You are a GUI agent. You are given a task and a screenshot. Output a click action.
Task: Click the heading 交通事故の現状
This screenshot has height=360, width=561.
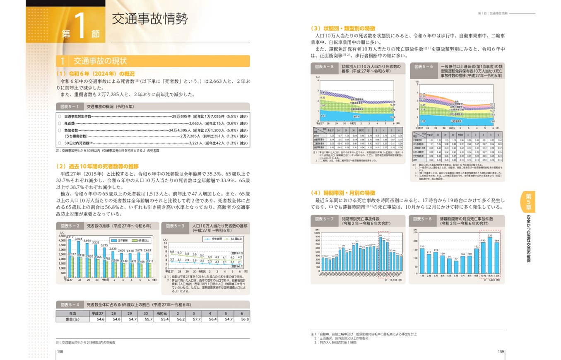100,61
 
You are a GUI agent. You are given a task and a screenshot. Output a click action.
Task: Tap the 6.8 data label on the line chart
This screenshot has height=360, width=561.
172,251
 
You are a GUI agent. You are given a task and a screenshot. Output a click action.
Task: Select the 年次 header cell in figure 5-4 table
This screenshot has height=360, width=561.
73,313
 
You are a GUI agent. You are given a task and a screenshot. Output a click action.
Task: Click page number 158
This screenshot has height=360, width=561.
59,352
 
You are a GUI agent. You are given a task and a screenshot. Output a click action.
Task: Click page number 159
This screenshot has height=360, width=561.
500,352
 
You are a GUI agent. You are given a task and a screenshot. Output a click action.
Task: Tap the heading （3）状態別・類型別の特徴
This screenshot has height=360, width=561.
342,29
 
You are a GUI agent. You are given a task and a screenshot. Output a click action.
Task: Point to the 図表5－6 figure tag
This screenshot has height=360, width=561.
424,66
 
